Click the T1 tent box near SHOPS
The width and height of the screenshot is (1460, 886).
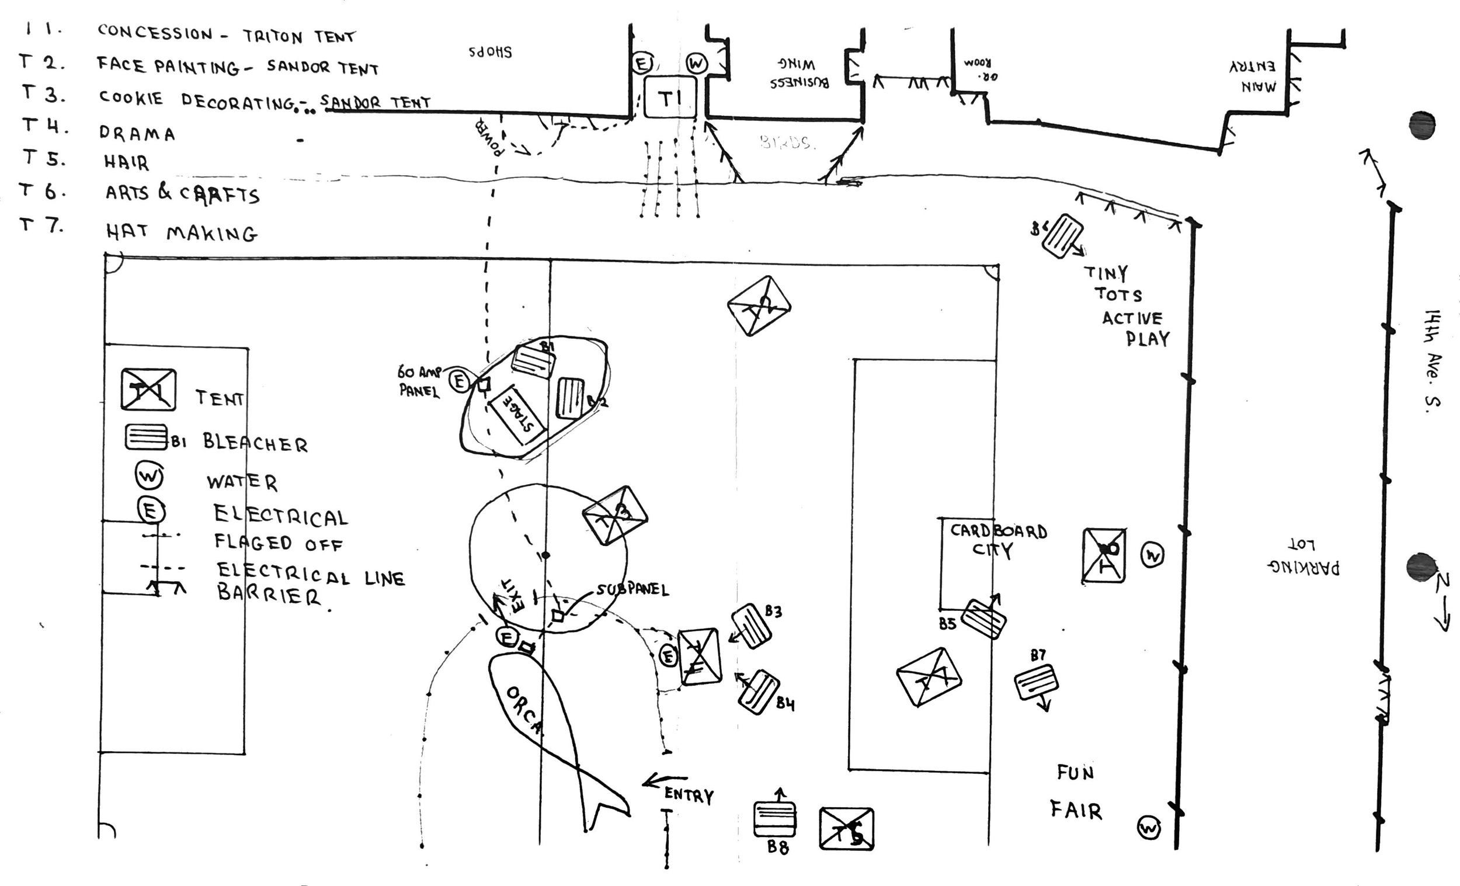670,96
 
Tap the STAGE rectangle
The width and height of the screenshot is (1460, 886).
516,415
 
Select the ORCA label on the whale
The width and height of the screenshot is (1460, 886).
524,711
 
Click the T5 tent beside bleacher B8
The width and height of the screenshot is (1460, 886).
846,828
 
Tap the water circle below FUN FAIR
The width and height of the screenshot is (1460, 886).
1149,828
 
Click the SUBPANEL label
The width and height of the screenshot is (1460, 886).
632,590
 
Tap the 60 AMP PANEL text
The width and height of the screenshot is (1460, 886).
418,381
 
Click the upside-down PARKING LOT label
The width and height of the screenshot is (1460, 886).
1303,558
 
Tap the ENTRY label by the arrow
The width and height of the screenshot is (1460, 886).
689,795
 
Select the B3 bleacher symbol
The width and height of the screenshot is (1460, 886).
751,626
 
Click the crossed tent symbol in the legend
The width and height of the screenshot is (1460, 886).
148,390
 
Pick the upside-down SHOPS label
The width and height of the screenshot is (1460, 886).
491,52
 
